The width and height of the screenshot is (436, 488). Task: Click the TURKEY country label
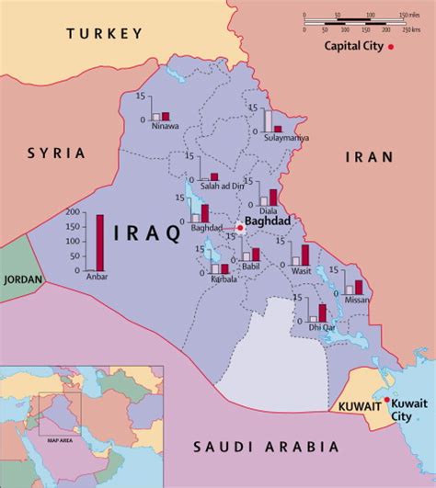click(104, 33)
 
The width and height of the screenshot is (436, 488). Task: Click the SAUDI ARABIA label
click(265, 448)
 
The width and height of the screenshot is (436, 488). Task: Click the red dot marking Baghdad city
click(239, 227)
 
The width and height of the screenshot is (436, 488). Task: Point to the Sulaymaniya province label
click(285, 138)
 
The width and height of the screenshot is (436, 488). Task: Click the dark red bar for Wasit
click(305, 255)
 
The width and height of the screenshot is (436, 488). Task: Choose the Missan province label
click(354, 300)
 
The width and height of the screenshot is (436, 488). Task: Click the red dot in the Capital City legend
click(390, 46)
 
